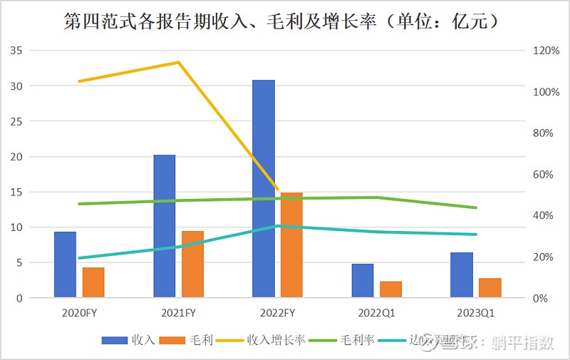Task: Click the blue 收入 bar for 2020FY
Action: (x=65, y=264)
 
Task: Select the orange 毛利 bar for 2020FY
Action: (x=93, y=282)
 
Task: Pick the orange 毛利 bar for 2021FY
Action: (x=192, y=264)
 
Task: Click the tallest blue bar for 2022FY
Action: (x=264, y=189)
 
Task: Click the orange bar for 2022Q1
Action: (x=390, y=289)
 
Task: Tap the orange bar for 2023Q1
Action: (x=490, y=287)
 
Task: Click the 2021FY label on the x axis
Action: (x=178, y=312)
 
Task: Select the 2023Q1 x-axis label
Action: (x=476, y=312)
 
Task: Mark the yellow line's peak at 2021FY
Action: (x=178, y=62)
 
